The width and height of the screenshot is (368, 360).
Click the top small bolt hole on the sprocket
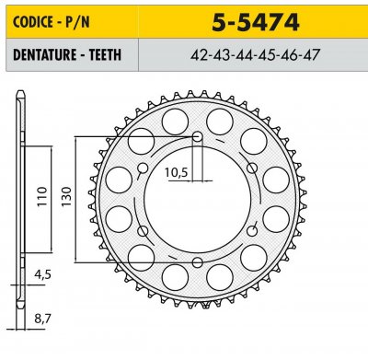(197, 138)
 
